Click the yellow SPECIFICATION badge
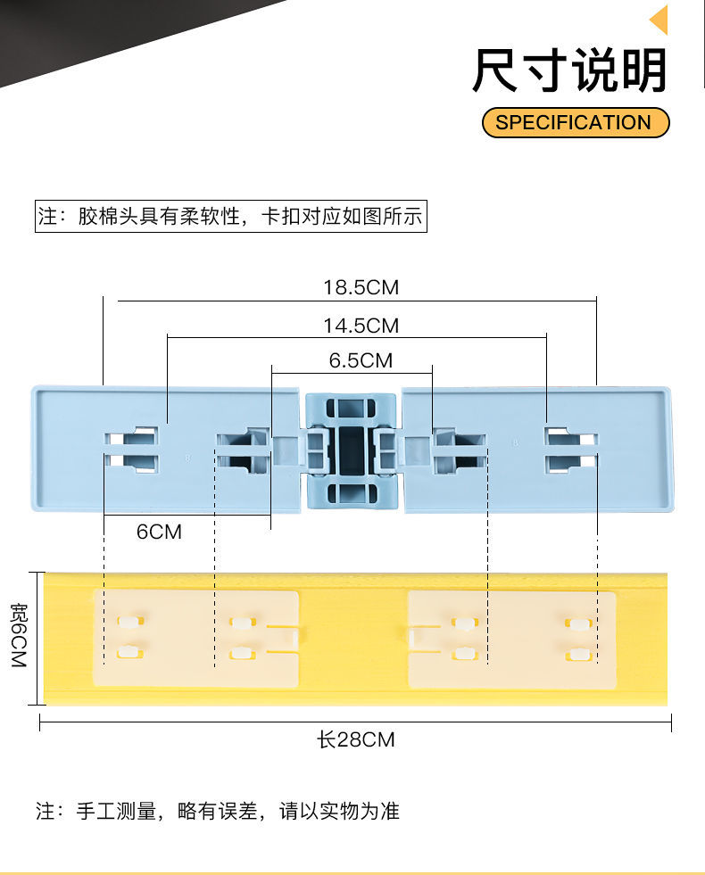tap(575, 122)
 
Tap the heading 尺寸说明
tap(569, 71)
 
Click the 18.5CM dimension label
tap(361, 287)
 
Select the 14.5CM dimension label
tap(361, 326)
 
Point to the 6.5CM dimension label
tap(361, 360)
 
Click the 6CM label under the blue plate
tap(159, 532)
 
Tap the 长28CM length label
tap(355, 739)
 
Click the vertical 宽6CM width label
tap(19, 637)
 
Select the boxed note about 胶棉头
tap(230, 217)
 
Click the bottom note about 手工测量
tap(217, 811)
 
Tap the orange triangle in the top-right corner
tap(660, 20)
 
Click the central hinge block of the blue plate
tap(351, 450)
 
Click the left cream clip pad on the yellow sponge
tap(195, 638)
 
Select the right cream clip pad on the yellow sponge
tap(511, 639)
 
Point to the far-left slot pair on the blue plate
tap(131, 450)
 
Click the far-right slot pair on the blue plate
tap(570, 450)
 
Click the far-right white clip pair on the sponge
tap(579, 639)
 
